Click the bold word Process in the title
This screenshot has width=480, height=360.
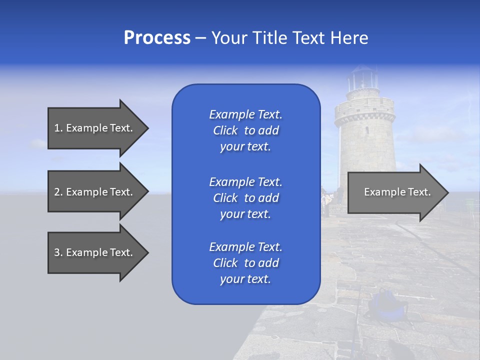click(x=157, y=38)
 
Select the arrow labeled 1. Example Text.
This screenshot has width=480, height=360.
click(x=95, y=128)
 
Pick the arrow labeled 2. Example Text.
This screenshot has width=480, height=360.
click(x=95, y=192)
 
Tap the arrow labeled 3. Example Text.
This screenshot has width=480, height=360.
click(x=95, y=252)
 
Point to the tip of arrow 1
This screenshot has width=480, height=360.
click(x=147, y=128)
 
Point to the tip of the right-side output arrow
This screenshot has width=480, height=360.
click(x=447, y=192)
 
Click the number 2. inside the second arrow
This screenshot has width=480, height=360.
click(x=58, y=192)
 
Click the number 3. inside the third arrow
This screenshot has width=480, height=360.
click(x=58, y=252)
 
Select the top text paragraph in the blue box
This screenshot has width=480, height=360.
click(x=245, y=130)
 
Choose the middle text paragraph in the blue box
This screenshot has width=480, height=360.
click(x=245, y=198)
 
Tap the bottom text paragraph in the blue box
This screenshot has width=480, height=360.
click(x=245, y=263)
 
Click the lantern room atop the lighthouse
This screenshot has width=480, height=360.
click(x=362, y=79)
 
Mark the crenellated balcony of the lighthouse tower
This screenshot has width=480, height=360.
click(x=364, y=114)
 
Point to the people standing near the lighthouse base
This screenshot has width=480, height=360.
click(x=327, y=200)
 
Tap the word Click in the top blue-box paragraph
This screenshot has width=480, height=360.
click(x=225, y=130)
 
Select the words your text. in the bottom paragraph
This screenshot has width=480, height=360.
click(x=245, y=279)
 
